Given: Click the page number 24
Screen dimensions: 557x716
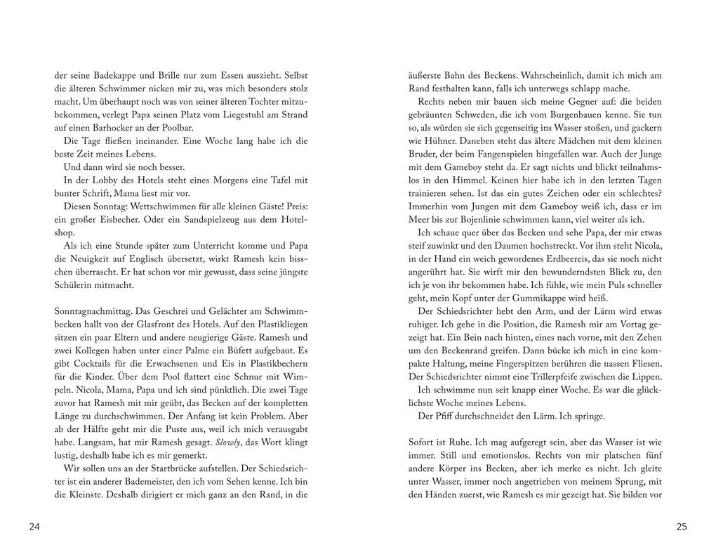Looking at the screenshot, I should tap(34, 527).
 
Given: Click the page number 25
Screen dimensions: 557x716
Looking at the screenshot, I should tap(681, 527).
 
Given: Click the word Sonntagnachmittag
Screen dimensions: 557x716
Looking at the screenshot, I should tap(93, 311).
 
